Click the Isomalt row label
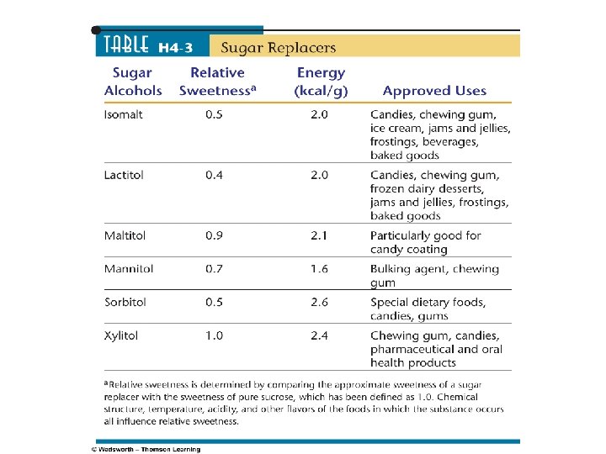tap(123, 114)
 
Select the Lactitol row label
tap(123, 175)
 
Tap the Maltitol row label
tap(125, 235)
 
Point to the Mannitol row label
tap(127, 269)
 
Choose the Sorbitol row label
tap(125, 302)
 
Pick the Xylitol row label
tap(121, 335)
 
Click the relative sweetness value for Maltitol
tap(214, 235)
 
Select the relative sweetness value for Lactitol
tap(214, 175)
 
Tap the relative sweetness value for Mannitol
tap(214, 269)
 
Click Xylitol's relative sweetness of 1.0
tap(214, 335)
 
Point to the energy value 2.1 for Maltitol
tap(319, 235)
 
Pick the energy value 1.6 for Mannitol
tap(319, 269)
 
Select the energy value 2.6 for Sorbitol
tap(319, 302)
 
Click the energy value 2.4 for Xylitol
tap(319, 335)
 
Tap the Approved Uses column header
tap(434, 91)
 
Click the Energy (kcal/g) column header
tap(321, 82)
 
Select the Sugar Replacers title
tap(278, 47)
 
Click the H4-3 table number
tap(178, 48)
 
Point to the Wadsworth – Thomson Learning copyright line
tap(146, 449)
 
